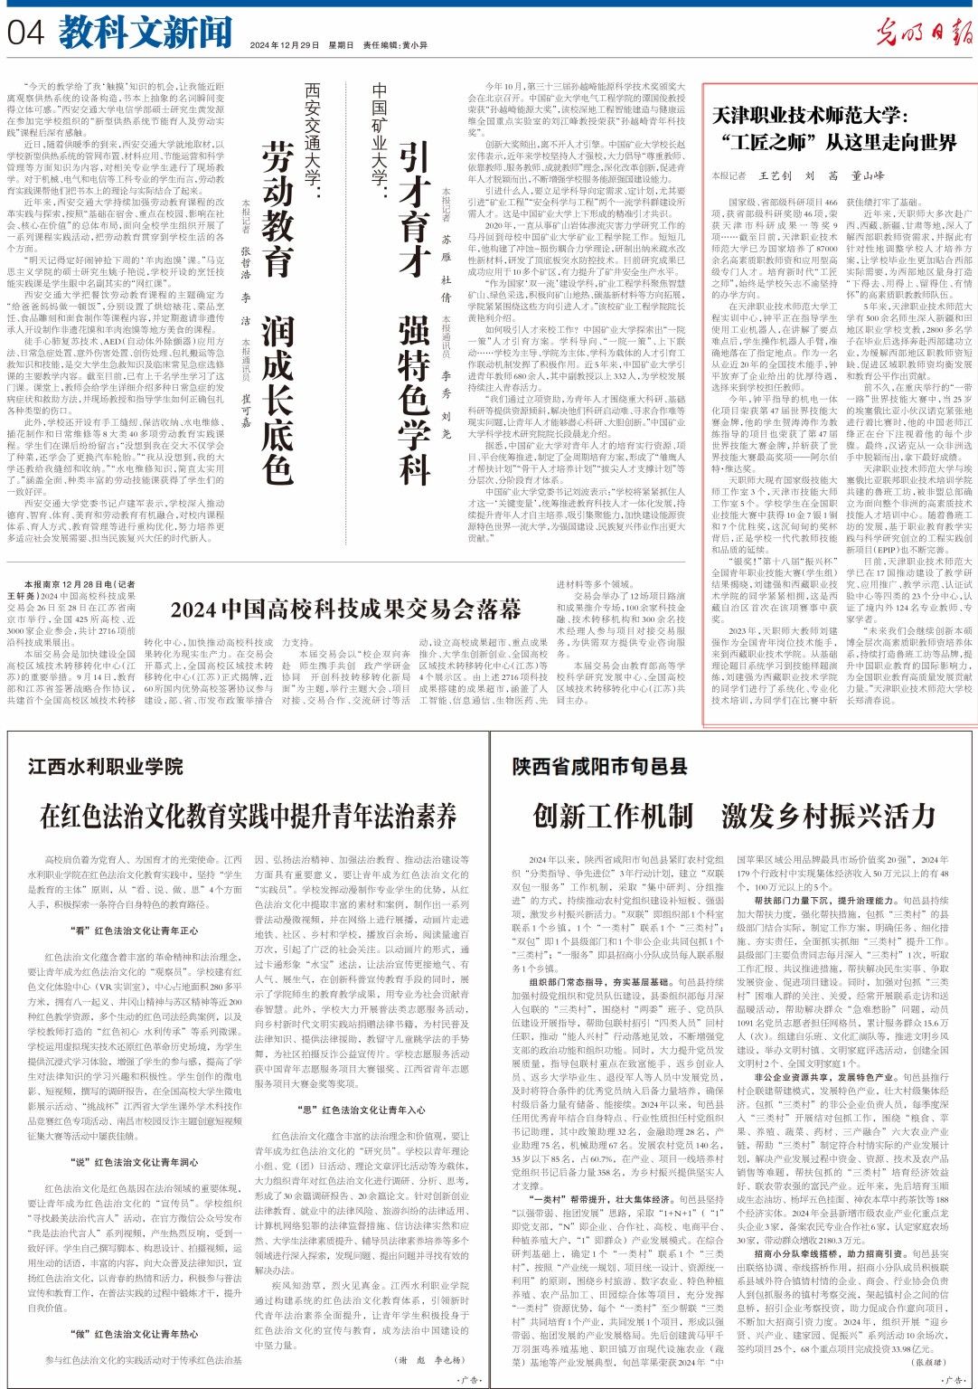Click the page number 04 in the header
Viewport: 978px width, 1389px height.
point(26,34)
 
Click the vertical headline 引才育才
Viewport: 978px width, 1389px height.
point(413,209)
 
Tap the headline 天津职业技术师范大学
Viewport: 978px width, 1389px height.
point(810,115)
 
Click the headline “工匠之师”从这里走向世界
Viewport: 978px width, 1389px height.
point(834,142)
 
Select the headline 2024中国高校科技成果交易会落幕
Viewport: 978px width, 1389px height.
point(346,607)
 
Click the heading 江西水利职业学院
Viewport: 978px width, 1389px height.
point(105,767)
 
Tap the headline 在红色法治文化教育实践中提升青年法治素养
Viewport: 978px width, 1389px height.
point(248,817)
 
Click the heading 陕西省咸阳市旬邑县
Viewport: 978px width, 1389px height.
point(600,767)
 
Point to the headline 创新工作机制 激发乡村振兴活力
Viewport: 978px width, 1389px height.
point(733,817)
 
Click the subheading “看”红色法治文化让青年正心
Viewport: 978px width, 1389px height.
point(134,931)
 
